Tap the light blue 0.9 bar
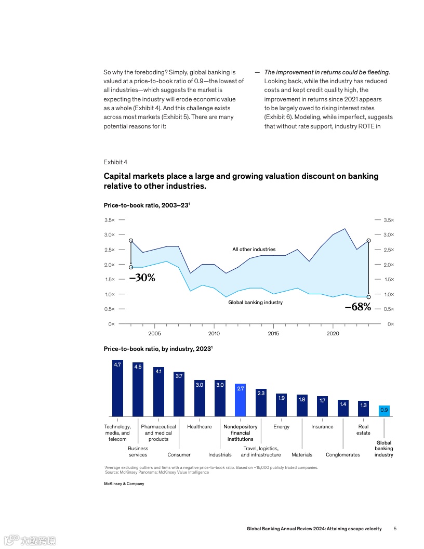click(384, 411)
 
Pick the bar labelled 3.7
click(179, 394)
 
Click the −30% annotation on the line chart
click(142, 278)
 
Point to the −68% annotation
click(358, 307)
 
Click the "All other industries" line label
click(254, 250)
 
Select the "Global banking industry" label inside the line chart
click(255, 303)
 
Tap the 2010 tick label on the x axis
click(214, 333)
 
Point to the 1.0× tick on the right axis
click(389, 294)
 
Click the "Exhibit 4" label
click(115, 162)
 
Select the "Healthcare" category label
click(200, 427)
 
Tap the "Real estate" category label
click(363, 430)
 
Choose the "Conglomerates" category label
click(343, 455)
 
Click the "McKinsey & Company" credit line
click(124, 483)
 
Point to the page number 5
click(395, 529)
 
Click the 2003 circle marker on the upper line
click(131, 241)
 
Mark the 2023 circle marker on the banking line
click(368, 297)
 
